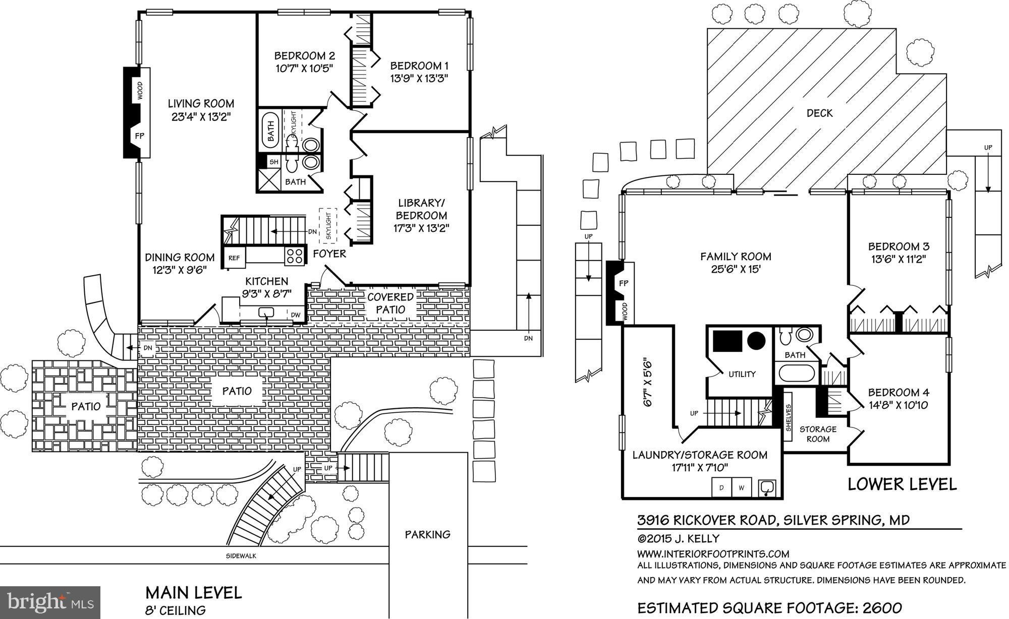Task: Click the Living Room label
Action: pyautogui.click(x=201, y=104)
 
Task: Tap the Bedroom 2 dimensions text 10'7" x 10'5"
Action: pyautogui.click(x=304, y=68)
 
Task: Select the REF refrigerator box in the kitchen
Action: pyautogui.click(x=234, y=258)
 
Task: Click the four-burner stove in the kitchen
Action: pyautogui.click(x=295, y=257)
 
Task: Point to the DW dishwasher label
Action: pyautogui.click(x=296, y=315)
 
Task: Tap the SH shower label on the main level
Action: pyautogui.click(x=273, y=162)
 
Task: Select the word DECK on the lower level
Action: pyautogui.click(x=819, y=113)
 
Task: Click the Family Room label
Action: pyautogui.click(x=736, y=257)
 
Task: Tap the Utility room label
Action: pyautogui.click(x=742, y=374)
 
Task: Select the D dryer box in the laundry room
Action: pyautogui.click(x=721, y=487)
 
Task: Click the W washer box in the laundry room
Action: pyautogui.click(x=742, y=487)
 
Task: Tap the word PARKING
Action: pyautogui.click(x=427, y=534)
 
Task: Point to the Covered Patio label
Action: pyautogui.click(x=390, y=303)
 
